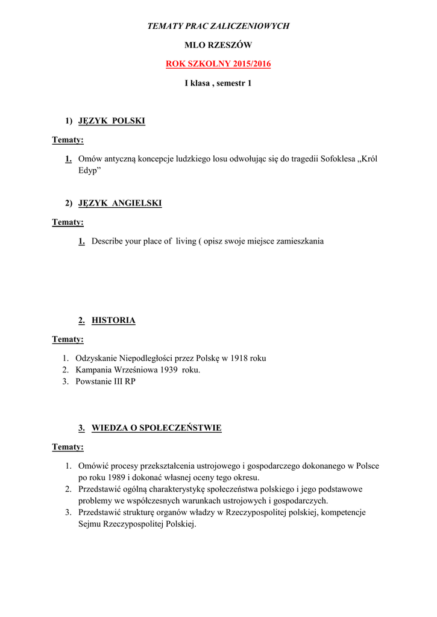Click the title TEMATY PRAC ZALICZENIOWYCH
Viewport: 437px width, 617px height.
[218, 26]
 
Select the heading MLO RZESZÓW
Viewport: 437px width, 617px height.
[218, 45]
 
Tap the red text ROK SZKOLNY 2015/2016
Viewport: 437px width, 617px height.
[218, 64]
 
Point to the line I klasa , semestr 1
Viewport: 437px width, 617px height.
[218, 83]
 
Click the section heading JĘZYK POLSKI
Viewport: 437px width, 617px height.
[112, 121]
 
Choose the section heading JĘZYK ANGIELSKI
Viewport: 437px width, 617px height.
[120, 203]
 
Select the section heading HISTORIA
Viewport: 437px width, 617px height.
[113, 321]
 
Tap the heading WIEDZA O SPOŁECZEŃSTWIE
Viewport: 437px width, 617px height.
[156, 428]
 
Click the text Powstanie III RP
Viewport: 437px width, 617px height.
[105, 382]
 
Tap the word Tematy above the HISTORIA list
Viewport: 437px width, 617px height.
[67, 339]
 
